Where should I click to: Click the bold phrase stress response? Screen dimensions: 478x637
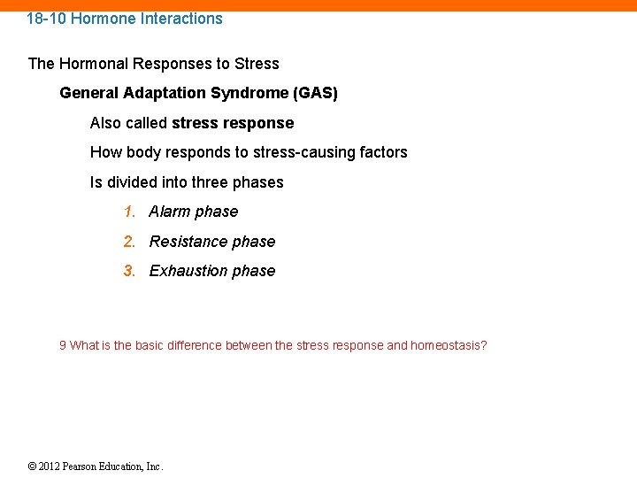click(233, 123)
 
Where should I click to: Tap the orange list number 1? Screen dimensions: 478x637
click(129, 212)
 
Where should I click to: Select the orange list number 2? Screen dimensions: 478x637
click(129, 242)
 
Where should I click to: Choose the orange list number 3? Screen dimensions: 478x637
click(129, 271)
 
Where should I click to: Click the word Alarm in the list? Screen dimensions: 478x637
click(169, 212)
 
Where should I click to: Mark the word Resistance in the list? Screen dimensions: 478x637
click(188, 242)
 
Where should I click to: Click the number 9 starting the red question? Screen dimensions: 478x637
click(63, 345)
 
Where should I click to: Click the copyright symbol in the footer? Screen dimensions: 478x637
click(33, 466)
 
